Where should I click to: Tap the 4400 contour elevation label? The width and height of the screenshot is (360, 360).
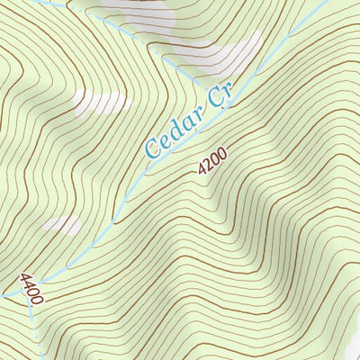pyautogui.click(x=31, y=288)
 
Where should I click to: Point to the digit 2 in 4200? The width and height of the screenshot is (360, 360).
pyautogui.click(x=207, y=164)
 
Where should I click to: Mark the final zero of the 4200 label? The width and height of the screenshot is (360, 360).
pyautogui.click(x=220, y=152)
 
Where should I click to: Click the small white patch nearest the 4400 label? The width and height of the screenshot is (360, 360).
pyautogui.click(x=60, y=224)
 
